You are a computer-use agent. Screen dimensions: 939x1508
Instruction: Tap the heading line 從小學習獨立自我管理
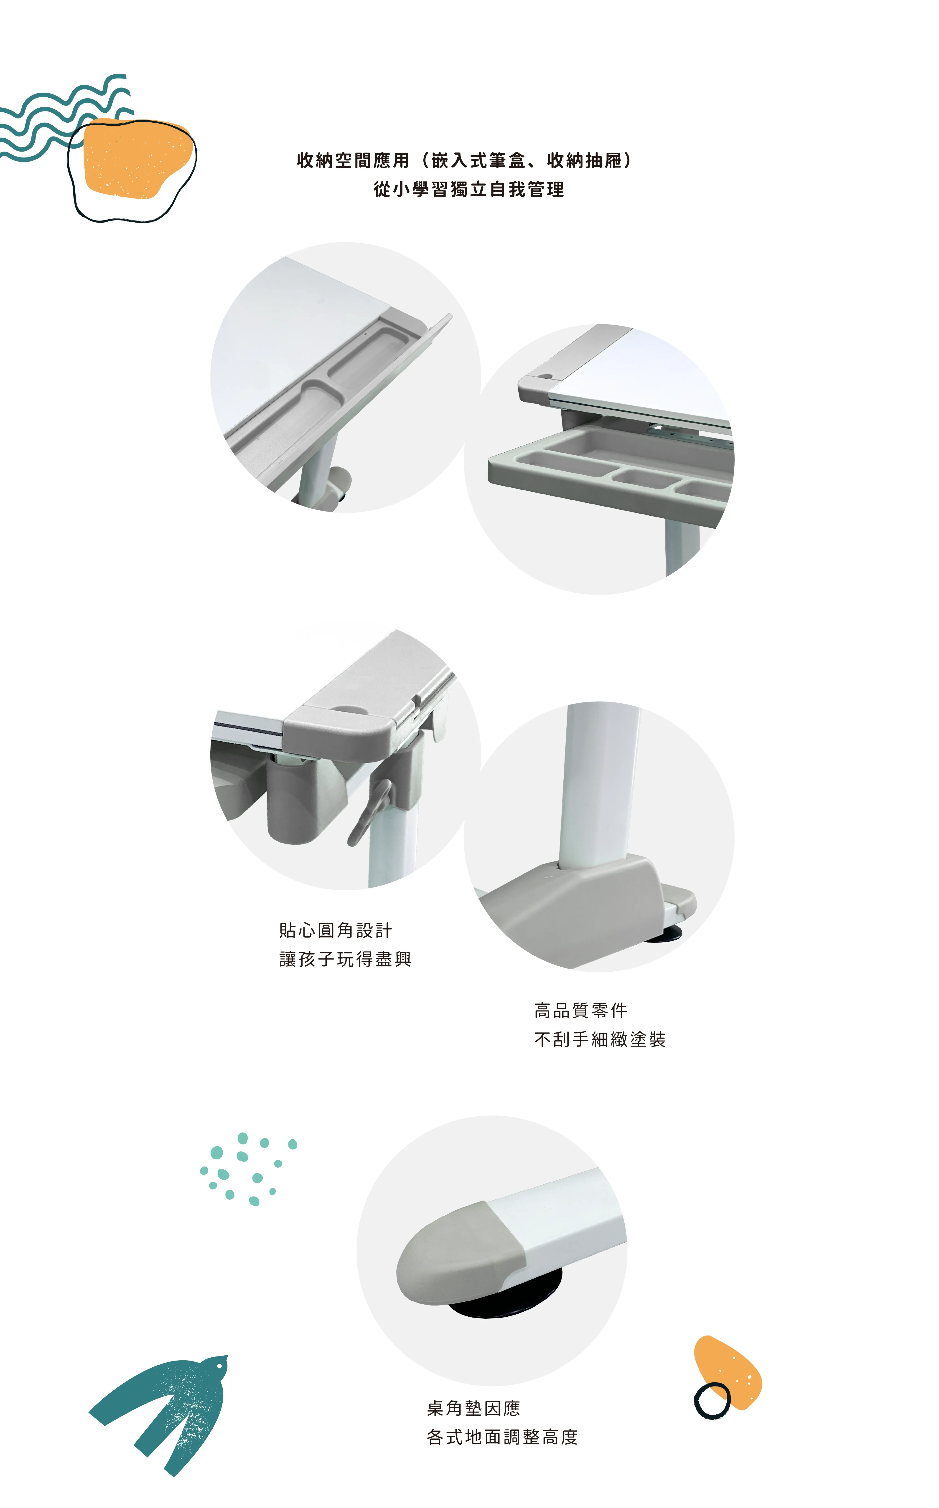click(x=469, y=189)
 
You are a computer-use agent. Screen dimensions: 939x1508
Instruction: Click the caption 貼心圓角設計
click(x=335, y=931)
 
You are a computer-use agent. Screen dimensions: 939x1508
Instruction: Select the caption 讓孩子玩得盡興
click(x=345, y=959)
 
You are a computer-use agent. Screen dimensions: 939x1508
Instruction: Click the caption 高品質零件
click(x=581, y=1011)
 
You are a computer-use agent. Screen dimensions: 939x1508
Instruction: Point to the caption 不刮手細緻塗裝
click(x=600, y=1039)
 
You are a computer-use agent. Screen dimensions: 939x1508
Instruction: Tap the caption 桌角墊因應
click(x=473, y=1408)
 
